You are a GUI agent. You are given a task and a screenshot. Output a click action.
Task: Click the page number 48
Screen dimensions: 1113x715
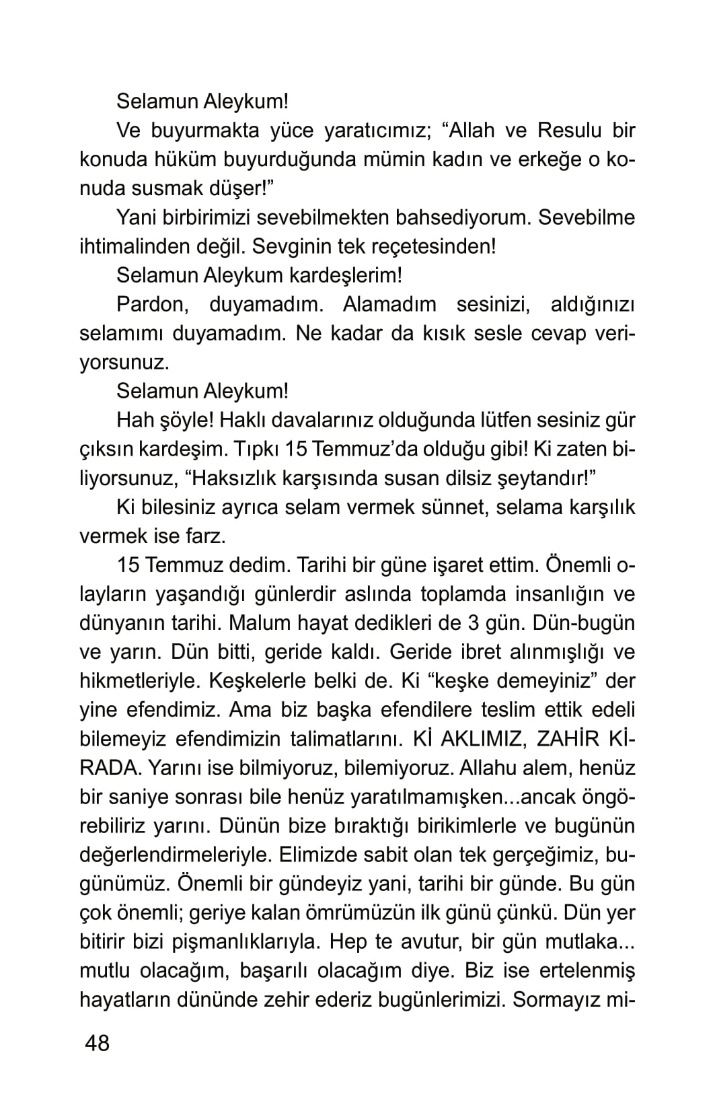97,1044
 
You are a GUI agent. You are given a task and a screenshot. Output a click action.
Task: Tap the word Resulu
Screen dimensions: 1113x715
570,131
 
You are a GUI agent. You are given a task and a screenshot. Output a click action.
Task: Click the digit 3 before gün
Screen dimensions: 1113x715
474,623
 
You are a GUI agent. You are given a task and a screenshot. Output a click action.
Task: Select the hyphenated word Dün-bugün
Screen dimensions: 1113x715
583,623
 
